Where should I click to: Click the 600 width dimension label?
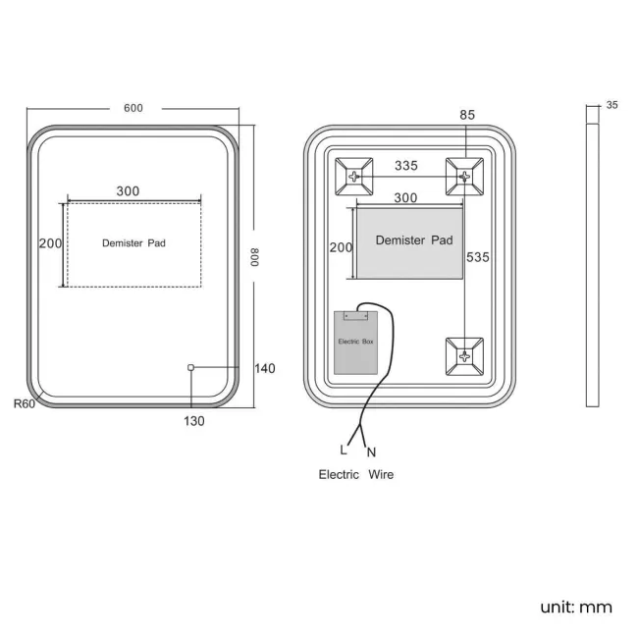point(133,108)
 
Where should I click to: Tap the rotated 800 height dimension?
point(255,257)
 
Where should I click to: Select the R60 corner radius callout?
point(25,404)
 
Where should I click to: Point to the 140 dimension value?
point(265,369)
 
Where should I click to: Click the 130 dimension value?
point(194,421)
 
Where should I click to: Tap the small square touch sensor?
point(190,368)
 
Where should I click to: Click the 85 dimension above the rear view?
point(467,115)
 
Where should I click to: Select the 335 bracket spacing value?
point(406,166)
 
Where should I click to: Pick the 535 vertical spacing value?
point(478,257)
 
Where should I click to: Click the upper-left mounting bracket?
point(354,177)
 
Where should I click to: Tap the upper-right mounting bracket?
point(464,177)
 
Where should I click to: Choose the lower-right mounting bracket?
point(464,356)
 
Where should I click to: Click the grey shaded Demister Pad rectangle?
point(409,243)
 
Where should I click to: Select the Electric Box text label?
point(355,342)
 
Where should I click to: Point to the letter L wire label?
point(344,450)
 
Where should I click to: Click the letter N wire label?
point(371,452)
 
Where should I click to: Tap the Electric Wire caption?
point(356,474)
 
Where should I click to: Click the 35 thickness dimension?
point(611,105)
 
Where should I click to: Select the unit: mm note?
point(576,608)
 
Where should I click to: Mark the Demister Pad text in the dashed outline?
point(133,243)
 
